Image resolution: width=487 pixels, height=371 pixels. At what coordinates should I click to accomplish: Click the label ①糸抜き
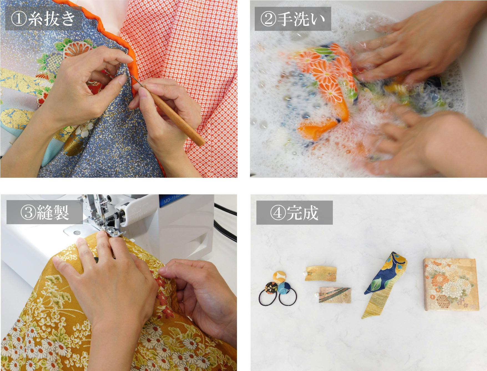(x=43, y=18)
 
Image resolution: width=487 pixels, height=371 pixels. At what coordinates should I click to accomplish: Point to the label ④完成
(x=294, y=213)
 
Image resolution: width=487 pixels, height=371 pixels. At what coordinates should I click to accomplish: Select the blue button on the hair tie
(x=284, y=289)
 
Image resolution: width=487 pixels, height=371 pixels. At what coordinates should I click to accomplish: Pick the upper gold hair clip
(x=321, y=274)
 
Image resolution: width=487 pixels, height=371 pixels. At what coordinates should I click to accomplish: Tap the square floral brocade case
(x=451, y=285)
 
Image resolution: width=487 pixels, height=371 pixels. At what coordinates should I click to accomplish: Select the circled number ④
(x=278, y=213)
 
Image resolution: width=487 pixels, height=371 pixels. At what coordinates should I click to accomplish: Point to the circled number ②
(x=268, y=19)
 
